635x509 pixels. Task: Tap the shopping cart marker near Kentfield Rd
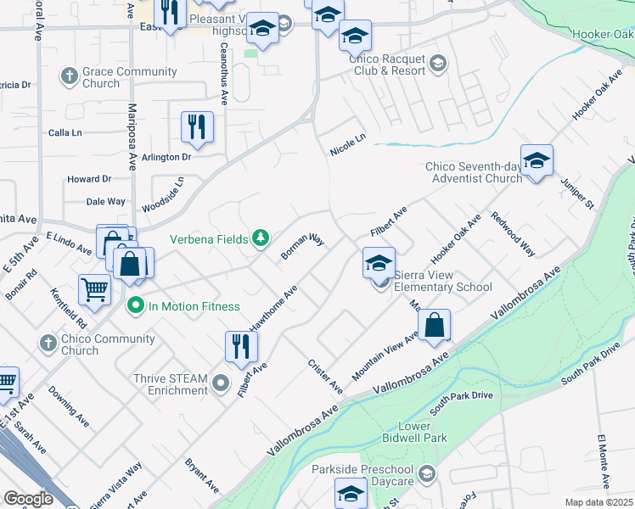coord(94,289)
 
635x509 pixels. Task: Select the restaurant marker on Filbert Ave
coord(241,345)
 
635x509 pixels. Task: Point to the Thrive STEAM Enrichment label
coord(170,384)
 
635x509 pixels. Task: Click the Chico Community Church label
coord(109,344)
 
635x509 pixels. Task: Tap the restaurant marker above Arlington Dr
coord(197,127)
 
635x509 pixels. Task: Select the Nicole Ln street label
coord(347,143)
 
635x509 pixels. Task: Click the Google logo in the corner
coord(28,498)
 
